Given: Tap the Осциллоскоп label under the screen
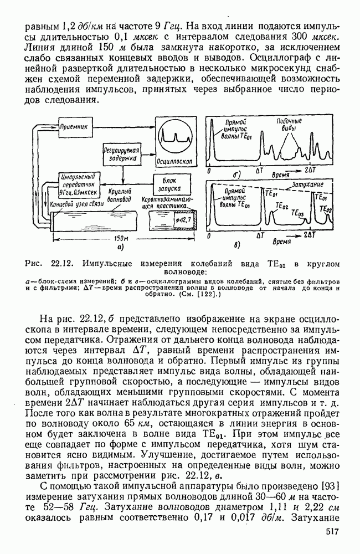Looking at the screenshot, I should pos(175,163).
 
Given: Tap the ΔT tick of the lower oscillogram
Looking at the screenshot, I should pos(260,235).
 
